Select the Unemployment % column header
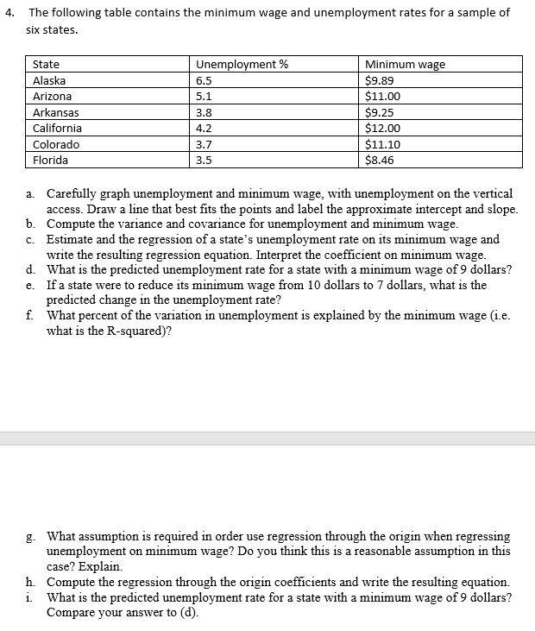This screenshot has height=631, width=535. (231, 64)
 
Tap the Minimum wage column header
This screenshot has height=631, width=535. (405, 64)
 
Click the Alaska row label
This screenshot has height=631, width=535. (49, 80)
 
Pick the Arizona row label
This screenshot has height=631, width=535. (52, 97)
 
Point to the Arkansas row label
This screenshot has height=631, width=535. (55, 112)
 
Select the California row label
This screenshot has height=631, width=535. (57, 129)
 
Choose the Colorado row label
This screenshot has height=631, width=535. (55, 144)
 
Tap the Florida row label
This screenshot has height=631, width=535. (50, 161)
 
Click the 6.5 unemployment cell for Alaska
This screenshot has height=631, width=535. (205, 80)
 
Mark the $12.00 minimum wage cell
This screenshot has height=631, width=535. (383, 129)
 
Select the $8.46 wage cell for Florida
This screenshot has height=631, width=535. (381, 161)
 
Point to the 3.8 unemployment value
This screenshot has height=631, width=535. (205, 112)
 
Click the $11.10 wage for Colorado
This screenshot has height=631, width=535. (383, 144)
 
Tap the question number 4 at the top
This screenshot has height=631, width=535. (8, 12)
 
